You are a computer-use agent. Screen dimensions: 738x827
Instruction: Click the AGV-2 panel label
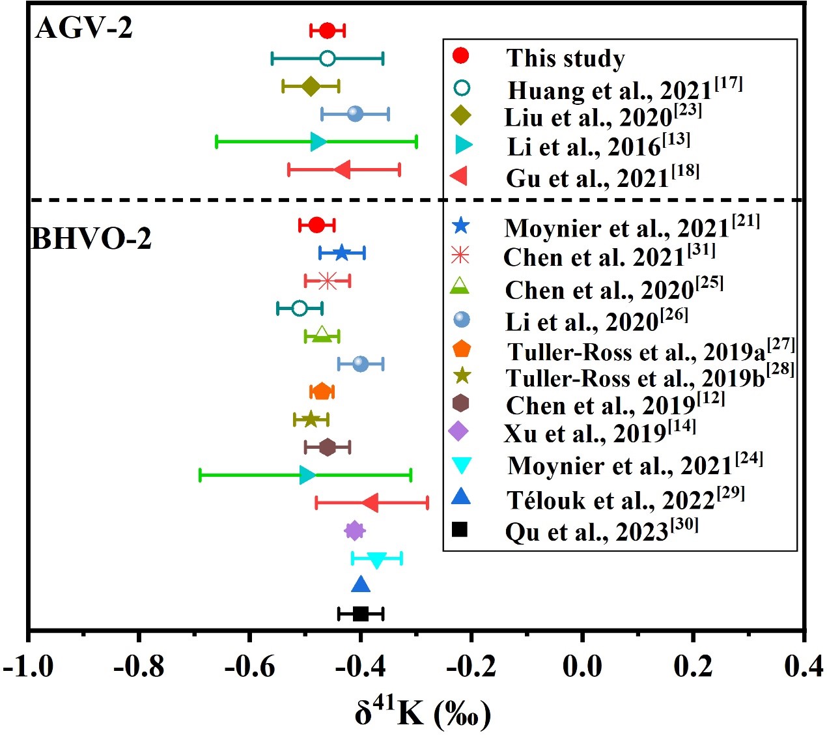click(x=83, y=28)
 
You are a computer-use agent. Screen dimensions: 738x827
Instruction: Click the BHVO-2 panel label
click(x=91, y=239)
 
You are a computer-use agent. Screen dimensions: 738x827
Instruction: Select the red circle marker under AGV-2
click(x=327, y=31)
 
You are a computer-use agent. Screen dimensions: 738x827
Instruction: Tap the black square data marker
click(x=361, y=614)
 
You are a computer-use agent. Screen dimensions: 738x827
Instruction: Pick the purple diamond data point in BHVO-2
click(x=354, y=531)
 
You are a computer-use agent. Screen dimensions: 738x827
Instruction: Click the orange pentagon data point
click(x=322, y=391)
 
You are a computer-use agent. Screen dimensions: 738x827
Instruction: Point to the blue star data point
click(x=342, y=253)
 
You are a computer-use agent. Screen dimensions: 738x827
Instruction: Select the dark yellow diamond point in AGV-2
click(x=311, y=86)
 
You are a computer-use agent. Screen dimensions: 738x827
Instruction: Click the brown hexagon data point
click(x=328, y=447)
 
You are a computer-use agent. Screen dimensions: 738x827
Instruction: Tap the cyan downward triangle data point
click(x=376, y=560)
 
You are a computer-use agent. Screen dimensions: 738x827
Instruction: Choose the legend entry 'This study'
click(x=565, y=58)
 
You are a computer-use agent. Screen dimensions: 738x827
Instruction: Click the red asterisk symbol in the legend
click(x=460, y=255)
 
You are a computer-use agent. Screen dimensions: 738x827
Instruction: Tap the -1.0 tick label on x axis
click(x=29, y=667)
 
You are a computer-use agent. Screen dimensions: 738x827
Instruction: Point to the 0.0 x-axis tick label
click(x=582, y=667)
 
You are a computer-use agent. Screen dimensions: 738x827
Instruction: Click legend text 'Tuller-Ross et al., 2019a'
click(x=650, y=351)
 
